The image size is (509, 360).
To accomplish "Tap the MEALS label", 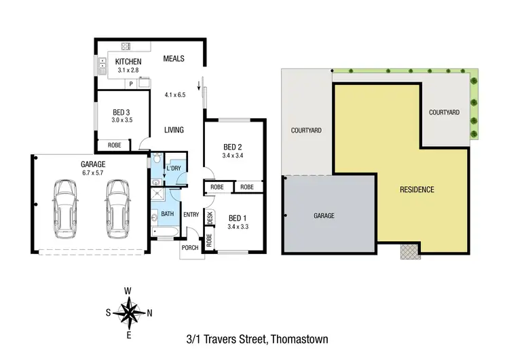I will [x=174, y=58].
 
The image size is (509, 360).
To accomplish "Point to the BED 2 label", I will [x=233, y=147].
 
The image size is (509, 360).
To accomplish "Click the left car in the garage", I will [x=66, y=205].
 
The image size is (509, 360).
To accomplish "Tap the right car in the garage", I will [x=116, y=205].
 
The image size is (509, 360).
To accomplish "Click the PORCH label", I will [x=191, y=248].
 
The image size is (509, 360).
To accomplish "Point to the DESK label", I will [x=210, y=218].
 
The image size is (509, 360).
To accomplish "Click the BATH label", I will [x=168, y=214].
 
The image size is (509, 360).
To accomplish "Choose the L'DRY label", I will [x=173, y=168].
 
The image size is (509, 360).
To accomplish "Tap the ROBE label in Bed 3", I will [x=114, y=145].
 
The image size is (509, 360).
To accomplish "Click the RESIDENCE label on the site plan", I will [x=416, y=190].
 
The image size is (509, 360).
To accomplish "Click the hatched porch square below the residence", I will [x=409, y=251].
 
